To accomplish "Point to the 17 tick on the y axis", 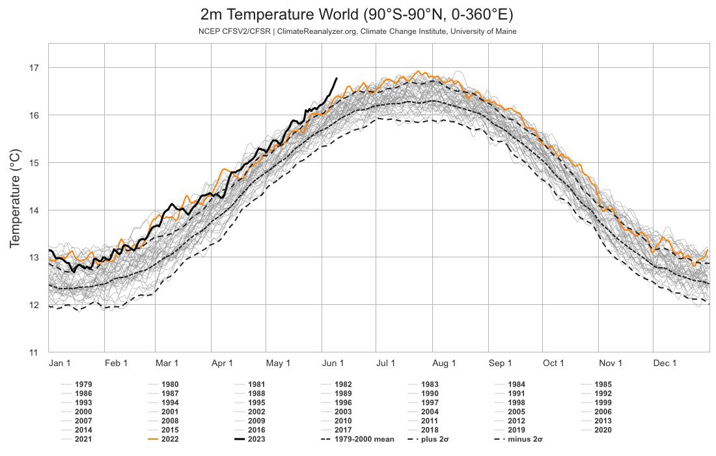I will coord(34,68).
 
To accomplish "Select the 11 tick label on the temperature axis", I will coord(34,352).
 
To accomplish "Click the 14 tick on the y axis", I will coord(34,210).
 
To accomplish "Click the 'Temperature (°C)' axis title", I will coord(15,198).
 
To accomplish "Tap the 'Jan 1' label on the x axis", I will coord(61,363).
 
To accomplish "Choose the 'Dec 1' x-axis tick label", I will coord(665,363).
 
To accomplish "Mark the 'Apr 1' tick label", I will coord(223,363).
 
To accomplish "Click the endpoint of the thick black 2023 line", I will coord(336,78).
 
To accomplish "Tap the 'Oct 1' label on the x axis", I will coord(554,363).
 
